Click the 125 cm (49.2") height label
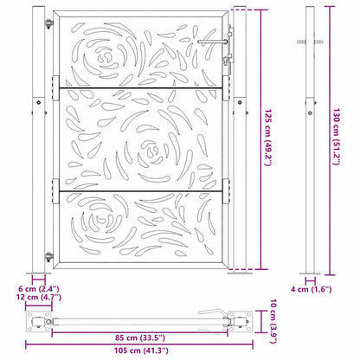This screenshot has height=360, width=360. click(268, 138)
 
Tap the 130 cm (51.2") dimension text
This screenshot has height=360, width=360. click(337, 137)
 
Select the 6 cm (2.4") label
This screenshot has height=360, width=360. click(39, 288)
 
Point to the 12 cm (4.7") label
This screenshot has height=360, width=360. click(39, 297)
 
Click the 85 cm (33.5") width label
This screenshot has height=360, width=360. click(140, 337)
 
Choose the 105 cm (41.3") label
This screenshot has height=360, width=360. click(141, 350)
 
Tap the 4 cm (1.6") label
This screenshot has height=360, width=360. click(311, 289)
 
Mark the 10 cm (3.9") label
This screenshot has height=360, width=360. click(273, 321)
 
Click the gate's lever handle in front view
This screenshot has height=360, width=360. click(213, 42)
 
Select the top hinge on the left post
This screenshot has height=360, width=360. click(49, 23)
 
